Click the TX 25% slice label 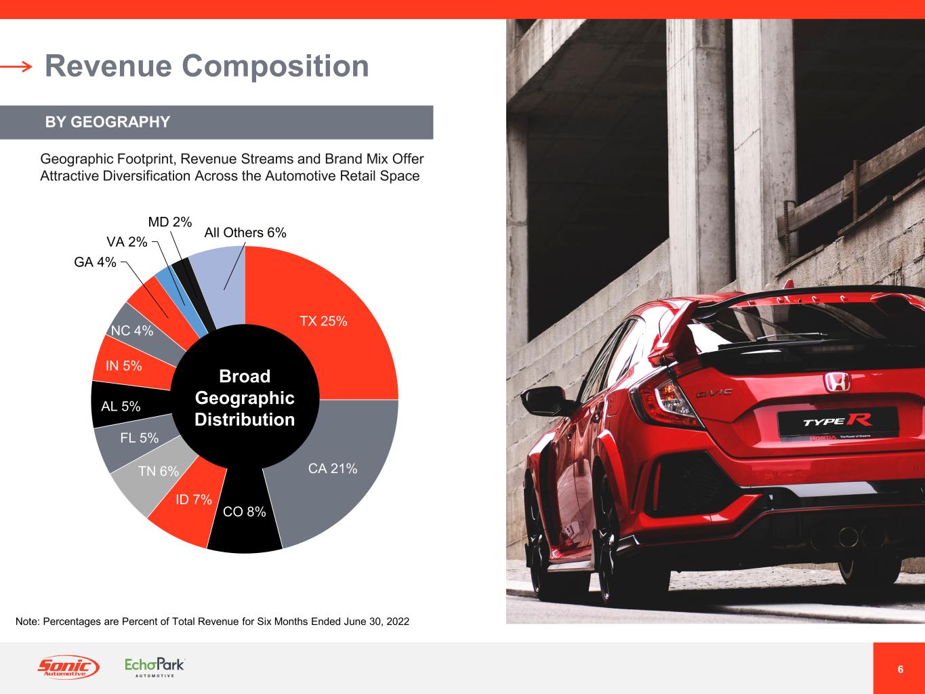323,321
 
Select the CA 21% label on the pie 333,468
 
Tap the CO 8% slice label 245,512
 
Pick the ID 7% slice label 193,499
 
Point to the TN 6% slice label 159,470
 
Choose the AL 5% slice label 121,406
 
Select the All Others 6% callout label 245,232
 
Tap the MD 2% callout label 170,222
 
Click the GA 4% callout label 95,262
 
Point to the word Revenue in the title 108,66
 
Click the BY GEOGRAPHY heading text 108,122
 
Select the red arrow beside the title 16,66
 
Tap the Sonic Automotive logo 68,667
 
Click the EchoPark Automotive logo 155,667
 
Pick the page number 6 900,669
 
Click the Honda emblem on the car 837,382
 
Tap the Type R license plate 838,423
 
